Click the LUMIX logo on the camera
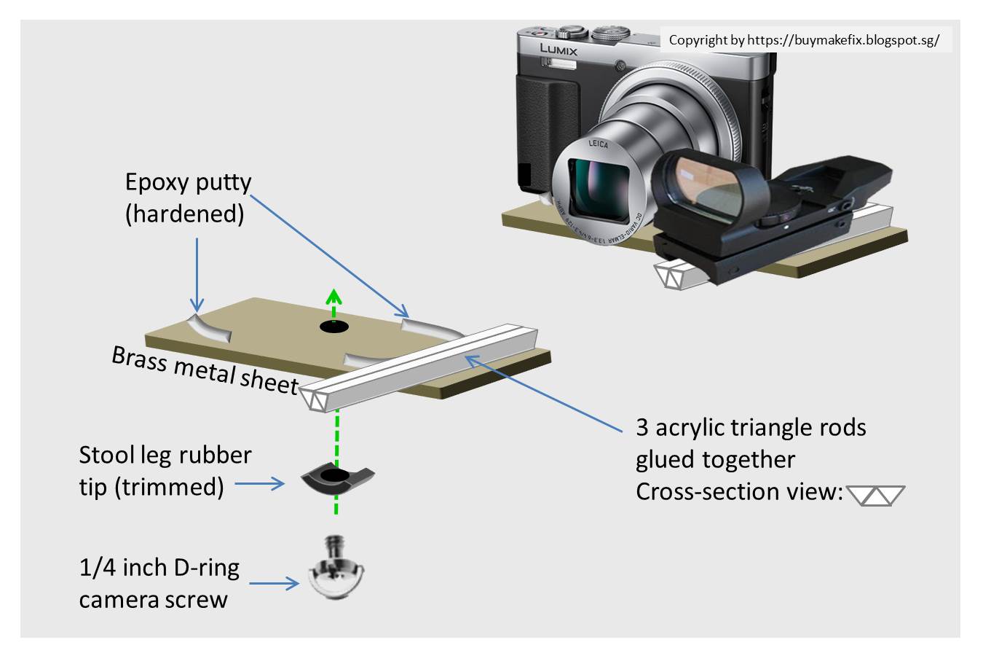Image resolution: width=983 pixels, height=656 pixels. [558, 50]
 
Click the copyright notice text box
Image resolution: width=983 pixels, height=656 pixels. [804, 40]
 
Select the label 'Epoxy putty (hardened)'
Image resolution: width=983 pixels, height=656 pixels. [187, 198]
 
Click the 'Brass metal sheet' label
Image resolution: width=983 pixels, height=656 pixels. [205, 369]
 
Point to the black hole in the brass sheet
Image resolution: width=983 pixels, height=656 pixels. [334, 327]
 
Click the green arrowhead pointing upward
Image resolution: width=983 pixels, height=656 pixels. [334, 296]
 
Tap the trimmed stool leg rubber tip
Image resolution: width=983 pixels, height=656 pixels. [336, 478]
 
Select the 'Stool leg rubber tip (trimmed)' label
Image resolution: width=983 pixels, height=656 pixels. [165, 470]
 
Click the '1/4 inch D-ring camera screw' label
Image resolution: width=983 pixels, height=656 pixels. [159, 583]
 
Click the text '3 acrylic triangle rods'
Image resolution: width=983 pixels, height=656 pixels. [750, 427]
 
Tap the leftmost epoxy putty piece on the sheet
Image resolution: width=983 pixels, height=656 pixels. [210, 328]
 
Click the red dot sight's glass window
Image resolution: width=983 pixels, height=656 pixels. [706, 181]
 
